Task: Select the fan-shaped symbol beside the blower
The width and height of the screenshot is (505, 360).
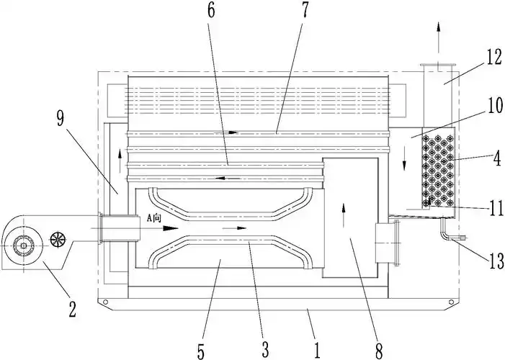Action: [x=58, y=238]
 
